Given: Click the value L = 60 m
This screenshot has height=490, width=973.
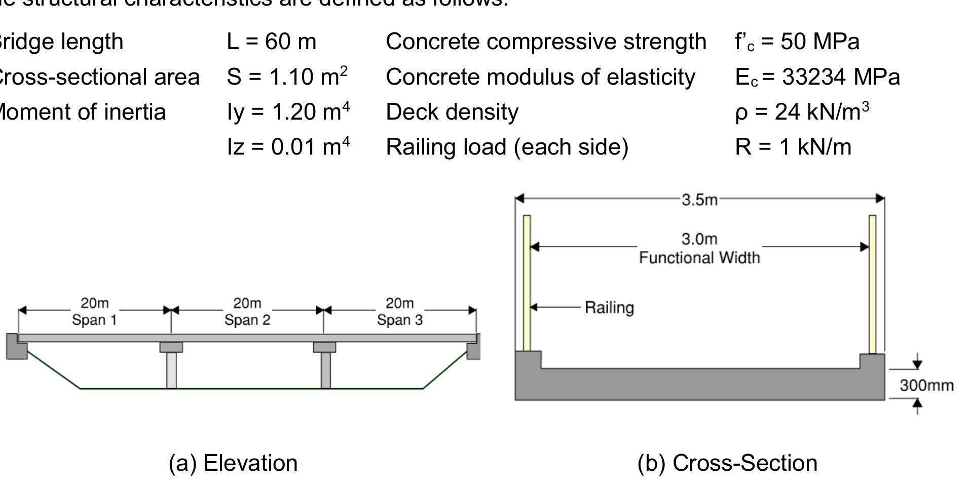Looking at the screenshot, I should tap(271, 42).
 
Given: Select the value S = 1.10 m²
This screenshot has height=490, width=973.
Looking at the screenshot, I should tap(287, 77).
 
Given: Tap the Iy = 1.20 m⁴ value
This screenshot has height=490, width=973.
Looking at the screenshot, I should tap(288, 112).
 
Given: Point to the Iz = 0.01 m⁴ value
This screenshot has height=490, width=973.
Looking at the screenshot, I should tap(288, 147).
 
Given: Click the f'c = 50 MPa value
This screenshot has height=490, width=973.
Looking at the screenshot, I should tap(797, 42).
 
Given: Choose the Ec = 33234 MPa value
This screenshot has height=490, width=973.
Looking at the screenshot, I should tap(817, 77).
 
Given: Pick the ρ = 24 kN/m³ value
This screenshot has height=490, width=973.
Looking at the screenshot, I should tap(802, 112).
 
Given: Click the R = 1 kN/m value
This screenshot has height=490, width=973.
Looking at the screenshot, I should tap(793, 147).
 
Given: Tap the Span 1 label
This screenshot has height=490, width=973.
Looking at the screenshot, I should tap(94, 320).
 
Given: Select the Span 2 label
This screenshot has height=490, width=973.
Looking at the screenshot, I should tap(247, 320).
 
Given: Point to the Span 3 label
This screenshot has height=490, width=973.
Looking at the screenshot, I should tap(400, 320).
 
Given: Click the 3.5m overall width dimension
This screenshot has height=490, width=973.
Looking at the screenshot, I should tap(699, 200).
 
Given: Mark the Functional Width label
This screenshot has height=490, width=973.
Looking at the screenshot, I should tap(699, 258).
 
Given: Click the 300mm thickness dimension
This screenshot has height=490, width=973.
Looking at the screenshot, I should tap(926, 386).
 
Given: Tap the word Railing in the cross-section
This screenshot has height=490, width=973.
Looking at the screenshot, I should tap(609, 308).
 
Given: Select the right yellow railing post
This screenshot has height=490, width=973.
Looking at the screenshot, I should tap(872, 284).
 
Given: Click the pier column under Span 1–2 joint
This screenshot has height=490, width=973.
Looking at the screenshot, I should tap(171, 370).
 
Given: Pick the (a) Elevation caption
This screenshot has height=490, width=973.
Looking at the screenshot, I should tap(233, 463).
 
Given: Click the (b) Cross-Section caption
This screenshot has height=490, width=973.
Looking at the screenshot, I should tap(727, 463).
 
